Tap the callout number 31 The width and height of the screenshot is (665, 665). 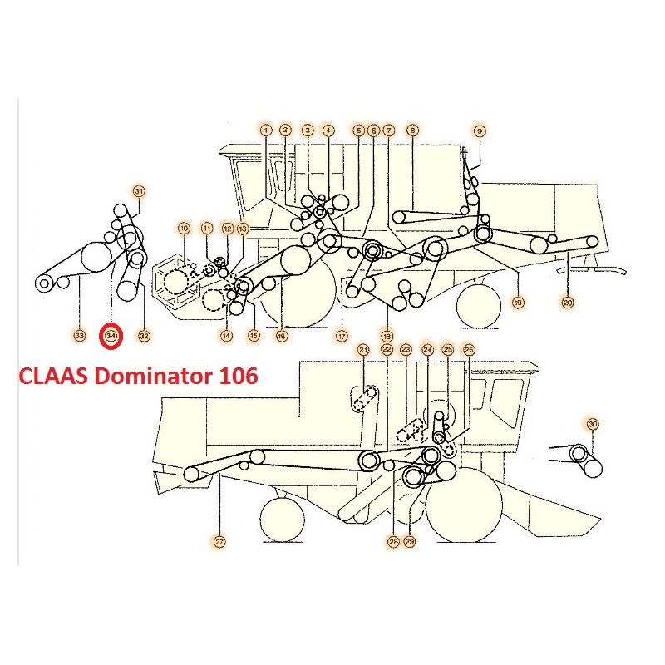pyautogui.click(x=139, y=191)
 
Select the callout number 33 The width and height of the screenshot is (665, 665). pyautogui.click(x=79, y=336)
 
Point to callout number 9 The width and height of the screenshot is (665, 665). pyautogui.click(x=479, y=130)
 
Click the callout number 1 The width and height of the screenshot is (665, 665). pyautogui.click(x=265, y=130)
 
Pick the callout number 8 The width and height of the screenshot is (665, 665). pyautogui.click(x=412, y=130)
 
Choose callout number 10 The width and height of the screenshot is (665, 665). pyautogui.click(x=184, y=228)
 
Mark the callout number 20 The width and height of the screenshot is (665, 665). pyautogui.click(x=568, y=303)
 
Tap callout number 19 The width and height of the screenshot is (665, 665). pyautogui.click(x=518, y=303)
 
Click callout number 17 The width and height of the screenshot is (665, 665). pyautogui.click(x=341, y=336)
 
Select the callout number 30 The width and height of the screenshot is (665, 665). pyautogui.click(x=593, y=424)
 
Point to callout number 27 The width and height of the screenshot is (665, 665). pyautogui.click(x=219, y=542)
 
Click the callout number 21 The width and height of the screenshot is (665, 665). pyautogui.click(x=363, y=351)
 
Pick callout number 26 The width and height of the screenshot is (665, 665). pyautogui.click(x=469, y=351)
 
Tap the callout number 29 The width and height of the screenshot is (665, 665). pyautogui.click(x=410, y=542)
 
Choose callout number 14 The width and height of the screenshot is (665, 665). pyautogui.click(x=226, y=336)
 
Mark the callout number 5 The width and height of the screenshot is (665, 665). pyautogui.click(x=358, y=130)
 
